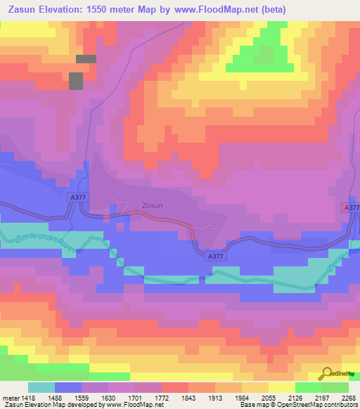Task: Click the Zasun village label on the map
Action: [x=152, y=206]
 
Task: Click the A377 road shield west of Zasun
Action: [x=79, y=199]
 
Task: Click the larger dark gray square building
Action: [x=75, y=81]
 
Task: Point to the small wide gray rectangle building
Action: [x=86, y=59]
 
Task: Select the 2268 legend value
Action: [x=349, y=398]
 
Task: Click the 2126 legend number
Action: [x=295, y=398]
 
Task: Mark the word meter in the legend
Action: [x=9, y=398]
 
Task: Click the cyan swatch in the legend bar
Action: [x=41, y=387]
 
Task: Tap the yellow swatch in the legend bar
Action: [x=282, y=387]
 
